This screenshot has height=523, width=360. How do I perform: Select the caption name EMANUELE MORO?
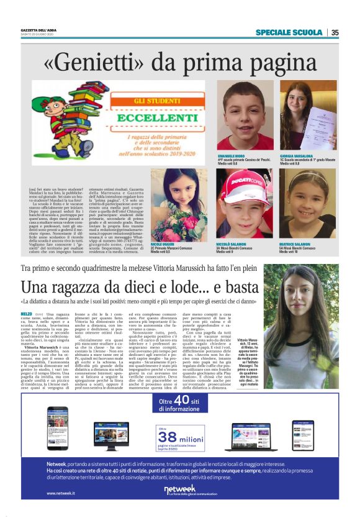click(x=233, y=155)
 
